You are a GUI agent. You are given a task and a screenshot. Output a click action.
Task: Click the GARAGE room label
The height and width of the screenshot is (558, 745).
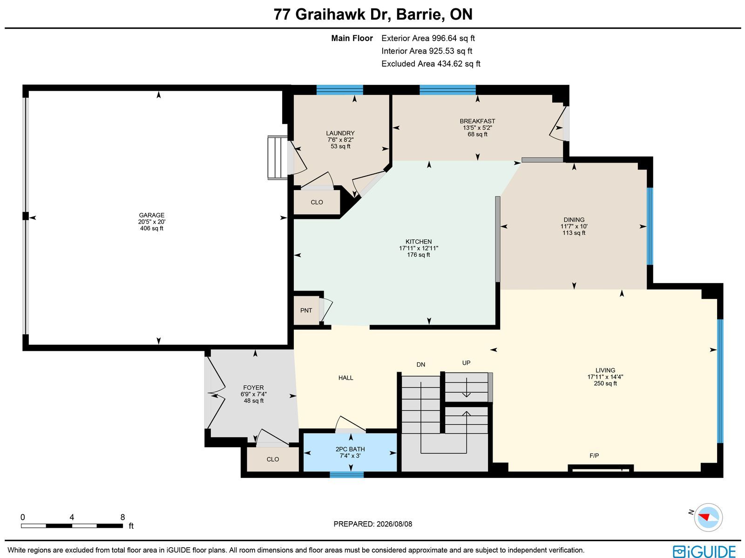tap(151, 215)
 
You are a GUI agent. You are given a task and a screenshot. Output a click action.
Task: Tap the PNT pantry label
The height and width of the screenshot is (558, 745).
tap(306, 311)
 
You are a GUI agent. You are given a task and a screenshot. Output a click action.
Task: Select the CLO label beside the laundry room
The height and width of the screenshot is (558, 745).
tap(317, 202)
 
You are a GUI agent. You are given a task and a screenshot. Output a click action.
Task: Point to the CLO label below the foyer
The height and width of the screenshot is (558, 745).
tap(272, 459)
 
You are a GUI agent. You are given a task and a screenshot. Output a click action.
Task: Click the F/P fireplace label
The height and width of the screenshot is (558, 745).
tap(594, 456)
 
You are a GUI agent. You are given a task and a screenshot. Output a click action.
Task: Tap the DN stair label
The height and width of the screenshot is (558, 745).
tap(420, 365)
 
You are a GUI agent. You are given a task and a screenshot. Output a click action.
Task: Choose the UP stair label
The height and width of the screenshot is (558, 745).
tap(466, 363)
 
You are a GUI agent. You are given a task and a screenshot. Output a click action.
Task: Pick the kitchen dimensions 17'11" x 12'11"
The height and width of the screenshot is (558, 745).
tap(419, 248)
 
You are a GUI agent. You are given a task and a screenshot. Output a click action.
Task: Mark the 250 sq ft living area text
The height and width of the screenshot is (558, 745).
tap(605, 383)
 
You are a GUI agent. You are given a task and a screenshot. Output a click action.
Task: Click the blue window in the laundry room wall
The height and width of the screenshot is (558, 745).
tap(340, 89)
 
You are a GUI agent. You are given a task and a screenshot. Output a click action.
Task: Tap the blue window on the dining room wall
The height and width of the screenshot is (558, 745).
tap(650, 226)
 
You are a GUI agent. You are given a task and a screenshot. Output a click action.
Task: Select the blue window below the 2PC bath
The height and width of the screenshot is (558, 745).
tap(346, 475)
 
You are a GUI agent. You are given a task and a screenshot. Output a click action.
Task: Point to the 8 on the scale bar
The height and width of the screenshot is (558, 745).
tap(122, 517)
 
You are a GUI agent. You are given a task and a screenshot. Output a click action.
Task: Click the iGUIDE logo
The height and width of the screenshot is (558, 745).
tap(704, 551)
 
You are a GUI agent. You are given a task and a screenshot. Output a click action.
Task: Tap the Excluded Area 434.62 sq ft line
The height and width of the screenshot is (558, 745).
tap(431, 64)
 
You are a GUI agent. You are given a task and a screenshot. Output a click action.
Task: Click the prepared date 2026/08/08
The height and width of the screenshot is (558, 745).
tap(394, 524)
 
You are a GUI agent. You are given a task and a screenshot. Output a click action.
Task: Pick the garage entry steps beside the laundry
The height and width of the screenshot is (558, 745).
tap(278, 157)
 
